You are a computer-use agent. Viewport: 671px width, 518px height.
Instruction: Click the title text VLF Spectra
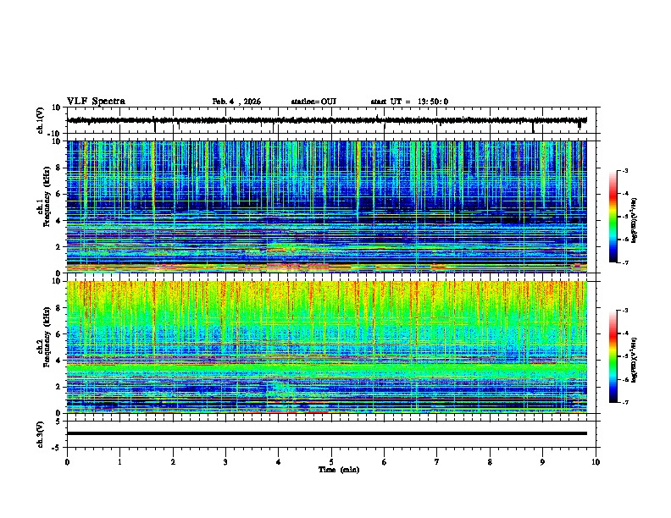(x=96, y=102)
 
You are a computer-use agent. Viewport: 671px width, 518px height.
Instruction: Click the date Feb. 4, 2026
(x=236, y=102)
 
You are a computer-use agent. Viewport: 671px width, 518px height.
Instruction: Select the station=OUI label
(x=313, y=102)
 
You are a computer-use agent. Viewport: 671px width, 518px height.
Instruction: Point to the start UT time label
(x=409, y=102)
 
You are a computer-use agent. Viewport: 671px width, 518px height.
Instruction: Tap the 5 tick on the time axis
(x=331, y=462)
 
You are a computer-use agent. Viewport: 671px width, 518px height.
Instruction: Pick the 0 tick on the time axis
(x=67, y=462)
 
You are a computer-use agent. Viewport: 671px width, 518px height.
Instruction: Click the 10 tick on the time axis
(x=596, y=462)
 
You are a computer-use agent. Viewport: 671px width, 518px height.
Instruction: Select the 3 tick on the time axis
(x=225, y=462)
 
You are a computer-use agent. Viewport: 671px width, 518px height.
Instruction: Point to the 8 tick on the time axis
(x=490, y=462)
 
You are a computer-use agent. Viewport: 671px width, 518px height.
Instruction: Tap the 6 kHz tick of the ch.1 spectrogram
(x=60, y=194)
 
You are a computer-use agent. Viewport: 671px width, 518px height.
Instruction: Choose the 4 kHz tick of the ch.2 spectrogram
(x=60, y=360)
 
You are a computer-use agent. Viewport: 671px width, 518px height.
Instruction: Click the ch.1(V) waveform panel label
(x=41, y=120)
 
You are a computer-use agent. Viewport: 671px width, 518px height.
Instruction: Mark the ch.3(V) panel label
(x=41, y=433)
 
